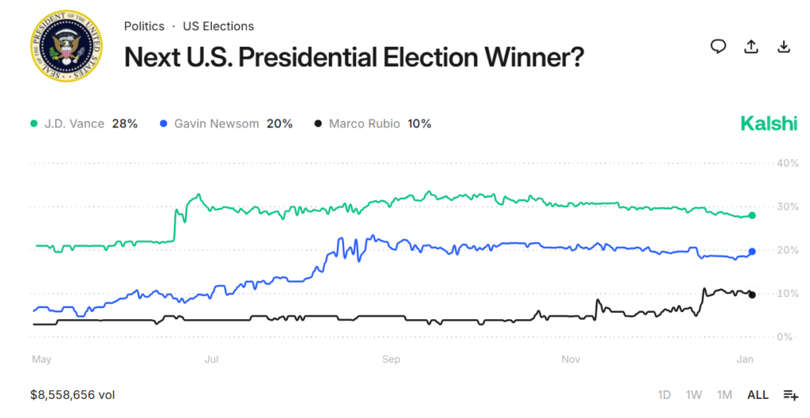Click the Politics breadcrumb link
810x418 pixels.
[144, 26]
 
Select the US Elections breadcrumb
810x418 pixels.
[218, 26]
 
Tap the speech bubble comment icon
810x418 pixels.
[718, 47]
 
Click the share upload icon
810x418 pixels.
[751, 47]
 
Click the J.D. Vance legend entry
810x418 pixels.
[83, 123]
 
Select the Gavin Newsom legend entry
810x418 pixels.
[225, 123]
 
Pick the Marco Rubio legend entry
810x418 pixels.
[372, 123]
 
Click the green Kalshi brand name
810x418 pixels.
[768, 123]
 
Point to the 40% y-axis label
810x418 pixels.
[788, 163]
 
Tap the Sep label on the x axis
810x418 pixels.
[391, 359]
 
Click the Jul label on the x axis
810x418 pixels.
[212, 359]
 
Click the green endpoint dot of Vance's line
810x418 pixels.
[752, 215]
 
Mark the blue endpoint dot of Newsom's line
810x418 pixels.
[752, 252]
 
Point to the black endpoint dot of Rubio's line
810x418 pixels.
[752, 294]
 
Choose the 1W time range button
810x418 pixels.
[694, 394]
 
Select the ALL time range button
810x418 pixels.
[758, 394]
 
